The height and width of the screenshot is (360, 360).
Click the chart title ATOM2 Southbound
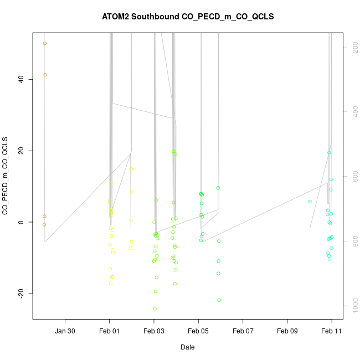pyautogui.click(x=188, y=17)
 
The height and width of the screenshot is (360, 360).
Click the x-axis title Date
pyautogui.click(x=187, y=347)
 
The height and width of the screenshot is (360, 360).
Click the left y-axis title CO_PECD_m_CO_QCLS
pyautogui.click(x=6, y=176)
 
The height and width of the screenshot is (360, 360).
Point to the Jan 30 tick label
pyautogui.click(x=65, y=331)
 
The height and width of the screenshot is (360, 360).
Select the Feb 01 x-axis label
pyautogui.click(x=110, y=331)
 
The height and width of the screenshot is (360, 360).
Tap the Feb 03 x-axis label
pyautogui.click(x=154, y=331)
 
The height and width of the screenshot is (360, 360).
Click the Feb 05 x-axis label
pyautogui.click(x=198, y=331)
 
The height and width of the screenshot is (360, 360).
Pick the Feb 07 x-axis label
pyautogui.click(x=243, y=331)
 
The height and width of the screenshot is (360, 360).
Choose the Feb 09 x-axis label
pyautogui.click(x=287, y=331)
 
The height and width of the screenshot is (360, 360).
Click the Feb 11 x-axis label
pyautogui.click(x=332, y=331)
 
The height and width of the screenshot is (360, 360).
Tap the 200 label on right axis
pyautogui.click(x=353, y=48)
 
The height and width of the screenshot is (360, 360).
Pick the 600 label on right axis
pyautogui.click(x=353, y=177)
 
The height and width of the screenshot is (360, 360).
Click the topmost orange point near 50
pyautogui.click(x=45, y=43)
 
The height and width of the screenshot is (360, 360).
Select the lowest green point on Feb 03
pyautogui.click(x=155, y=308)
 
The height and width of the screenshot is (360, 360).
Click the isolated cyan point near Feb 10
pyautogui.click(x=310, y=202)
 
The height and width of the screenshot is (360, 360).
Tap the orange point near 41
pyautogui.click(x=45, y=75)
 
